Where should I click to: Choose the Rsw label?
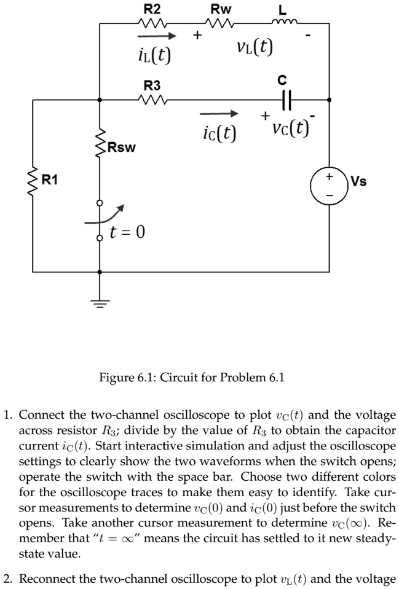[x=121, y=148]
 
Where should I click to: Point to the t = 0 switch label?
[x=127, y=232]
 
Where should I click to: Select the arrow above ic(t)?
[x=218, y=114]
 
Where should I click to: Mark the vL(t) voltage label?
[x=255, y=47]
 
